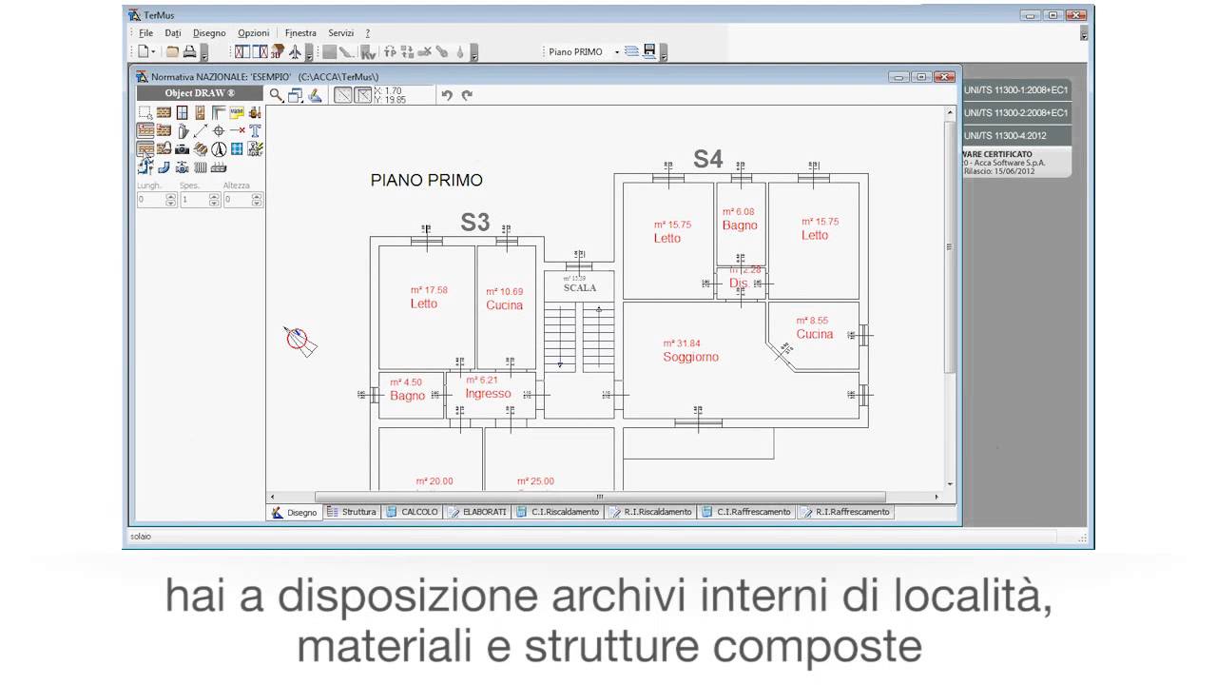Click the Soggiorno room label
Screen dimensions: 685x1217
pyautogui.click(x=690, y=357)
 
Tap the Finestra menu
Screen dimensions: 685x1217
pyautogui.click(x=300, y=33)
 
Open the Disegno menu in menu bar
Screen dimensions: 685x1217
pyautogui.click(x=209, y=33)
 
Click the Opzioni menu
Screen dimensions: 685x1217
pyautogui.click(x=254, y=33)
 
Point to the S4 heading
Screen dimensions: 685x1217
pyautogui.click(x=707, y=159)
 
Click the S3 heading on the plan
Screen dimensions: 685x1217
pyautogui.click(x=474, y=223)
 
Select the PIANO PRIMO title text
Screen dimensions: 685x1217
pyautogui.click(x=426, y=180)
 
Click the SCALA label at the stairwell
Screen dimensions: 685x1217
pyautogui.click(x=579, y=287)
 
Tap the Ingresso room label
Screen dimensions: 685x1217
pyautogui.click(x=488, y=393)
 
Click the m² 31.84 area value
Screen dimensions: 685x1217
pyautogui.click(x=682, y=343)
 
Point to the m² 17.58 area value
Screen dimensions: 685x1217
pyautogui.click(x=429, y=290)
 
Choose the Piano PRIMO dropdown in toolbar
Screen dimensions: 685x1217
pyautogui.click(x=583, y=52)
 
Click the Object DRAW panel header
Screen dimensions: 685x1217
pyautogui.click(x=200, y=93)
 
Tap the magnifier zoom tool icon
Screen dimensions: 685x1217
pyautogui.click(x=276, y=95)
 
